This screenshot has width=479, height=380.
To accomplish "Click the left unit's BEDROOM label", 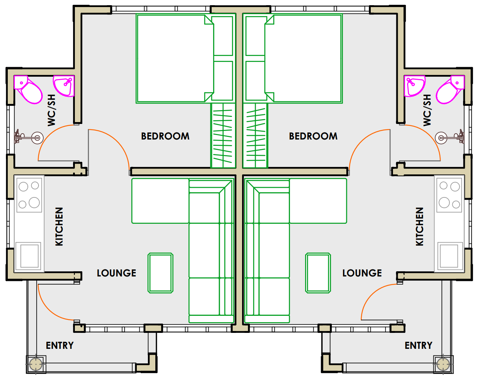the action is click(x=165, y=136).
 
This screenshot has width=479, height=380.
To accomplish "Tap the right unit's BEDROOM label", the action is click(x=313, y=136).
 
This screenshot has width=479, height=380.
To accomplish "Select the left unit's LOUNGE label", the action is click(x=116, y=273).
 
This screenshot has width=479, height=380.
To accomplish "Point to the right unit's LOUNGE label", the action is click(x=362, y=273).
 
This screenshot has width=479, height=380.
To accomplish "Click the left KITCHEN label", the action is click(x=59, y=227).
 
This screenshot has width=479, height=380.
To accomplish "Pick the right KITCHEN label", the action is click(x=420, y=227).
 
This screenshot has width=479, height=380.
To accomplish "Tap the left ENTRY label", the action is click(x=60, y=345).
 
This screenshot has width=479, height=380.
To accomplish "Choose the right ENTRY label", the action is click(x=419, y=345).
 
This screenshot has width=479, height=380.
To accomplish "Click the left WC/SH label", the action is click(x=52, y=110).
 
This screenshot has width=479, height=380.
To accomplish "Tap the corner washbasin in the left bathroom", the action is click(x=64, y=86).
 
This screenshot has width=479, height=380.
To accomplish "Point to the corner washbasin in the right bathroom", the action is click(x=414, y=86).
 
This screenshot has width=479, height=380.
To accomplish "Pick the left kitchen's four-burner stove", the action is click(x=29, y=195).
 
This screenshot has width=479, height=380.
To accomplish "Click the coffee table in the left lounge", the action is click(x=161, y=273).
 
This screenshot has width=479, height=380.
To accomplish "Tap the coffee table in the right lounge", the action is click(x=318, y=273).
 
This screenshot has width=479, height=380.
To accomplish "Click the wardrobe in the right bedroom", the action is click(x=255, y=135).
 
